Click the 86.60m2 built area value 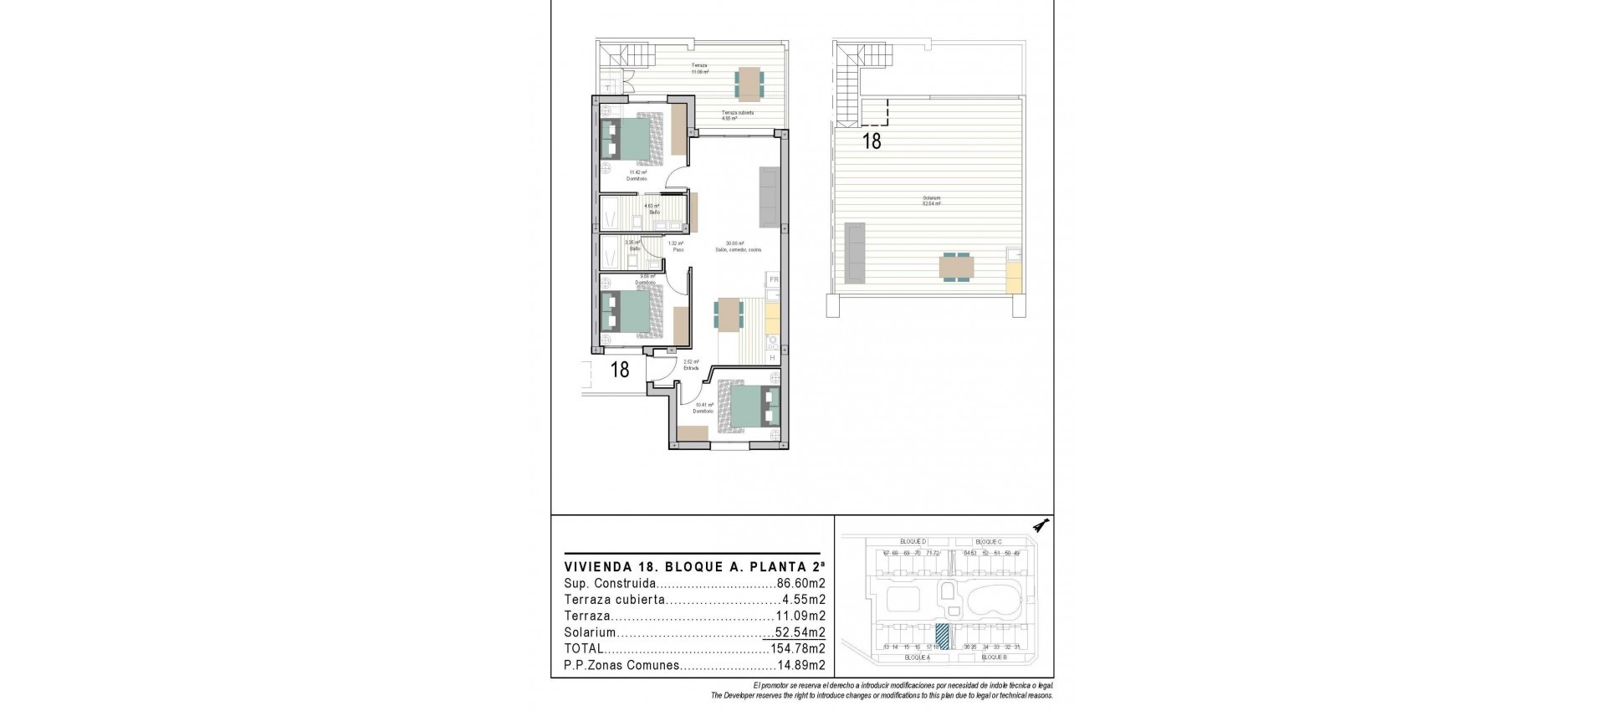[x=801, y=584]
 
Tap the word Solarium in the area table [x=590, y=632]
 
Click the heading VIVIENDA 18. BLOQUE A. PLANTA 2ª [x=691, y=565]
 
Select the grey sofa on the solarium [x=855, y=251]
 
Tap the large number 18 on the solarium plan [x=872, y=141]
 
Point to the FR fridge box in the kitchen [x=774, y=279]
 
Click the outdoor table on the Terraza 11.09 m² [x=749, y=82]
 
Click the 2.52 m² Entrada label [x=691, y=365]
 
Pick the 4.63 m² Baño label [x=652, y=209]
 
